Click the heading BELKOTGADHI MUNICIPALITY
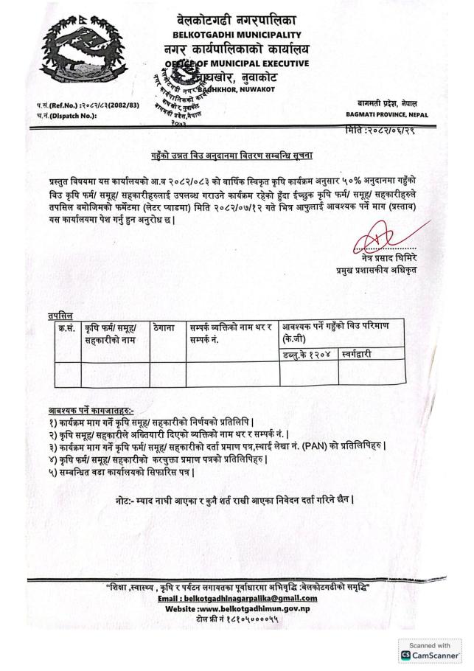(x=237, y=35)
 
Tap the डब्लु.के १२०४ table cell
(x=301, y=355)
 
